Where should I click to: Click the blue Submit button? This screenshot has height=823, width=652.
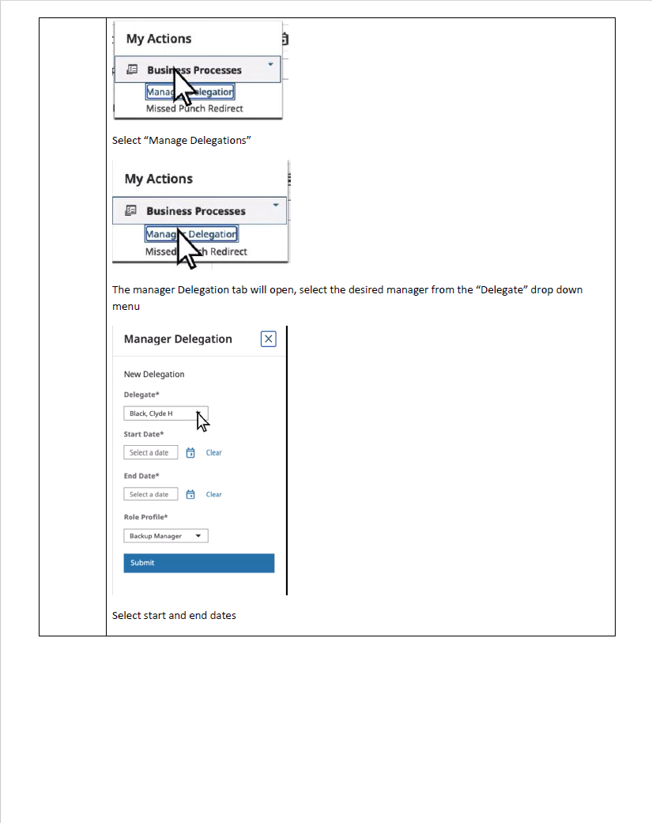(198, 563)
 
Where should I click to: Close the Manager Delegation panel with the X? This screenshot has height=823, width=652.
(268, 339)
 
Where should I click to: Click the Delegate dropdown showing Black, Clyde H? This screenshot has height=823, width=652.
(165, 413)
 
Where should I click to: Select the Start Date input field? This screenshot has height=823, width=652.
(150, 453)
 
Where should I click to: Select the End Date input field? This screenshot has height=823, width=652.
(150, 495)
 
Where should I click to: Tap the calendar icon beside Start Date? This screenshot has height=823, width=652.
(190, 453)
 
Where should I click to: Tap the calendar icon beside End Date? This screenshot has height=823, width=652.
(190, 495)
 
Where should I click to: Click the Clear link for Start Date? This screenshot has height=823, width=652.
(213, 453)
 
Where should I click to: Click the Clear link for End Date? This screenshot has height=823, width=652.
(213, 495)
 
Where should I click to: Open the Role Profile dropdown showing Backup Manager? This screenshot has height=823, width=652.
(165, 536)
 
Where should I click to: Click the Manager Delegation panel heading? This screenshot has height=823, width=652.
(178, 339)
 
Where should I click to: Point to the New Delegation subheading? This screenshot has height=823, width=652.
(154, 375)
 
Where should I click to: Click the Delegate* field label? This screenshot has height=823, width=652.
(142, 395)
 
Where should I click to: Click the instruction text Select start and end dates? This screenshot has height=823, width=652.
(174, 615)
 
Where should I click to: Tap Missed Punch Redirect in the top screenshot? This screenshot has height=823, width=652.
(194, 108)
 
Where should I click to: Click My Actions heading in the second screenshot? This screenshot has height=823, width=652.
(159, 179)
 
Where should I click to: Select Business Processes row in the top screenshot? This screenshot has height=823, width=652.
(194, 70)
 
